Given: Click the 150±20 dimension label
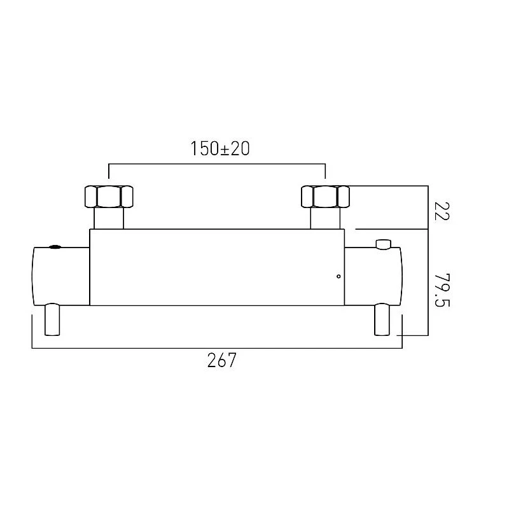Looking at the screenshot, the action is point(220,149).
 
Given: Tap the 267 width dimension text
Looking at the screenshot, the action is point(221,360).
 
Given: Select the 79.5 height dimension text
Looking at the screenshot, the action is point(442,290).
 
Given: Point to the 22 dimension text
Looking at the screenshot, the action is point(442,211).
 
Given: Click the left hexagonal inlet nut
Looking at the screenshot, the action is point(109,197).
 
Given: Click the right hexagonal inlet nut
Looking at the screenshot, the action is point(325,197).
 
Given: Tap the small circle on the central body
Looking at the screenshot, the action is point(338,276).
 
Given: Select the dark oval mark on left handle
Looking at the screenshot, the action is point(55,247).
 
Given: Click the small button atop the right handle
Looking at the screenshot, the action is point(384,244).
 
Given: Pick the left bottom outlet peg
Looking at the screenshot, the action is point(52,319).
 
